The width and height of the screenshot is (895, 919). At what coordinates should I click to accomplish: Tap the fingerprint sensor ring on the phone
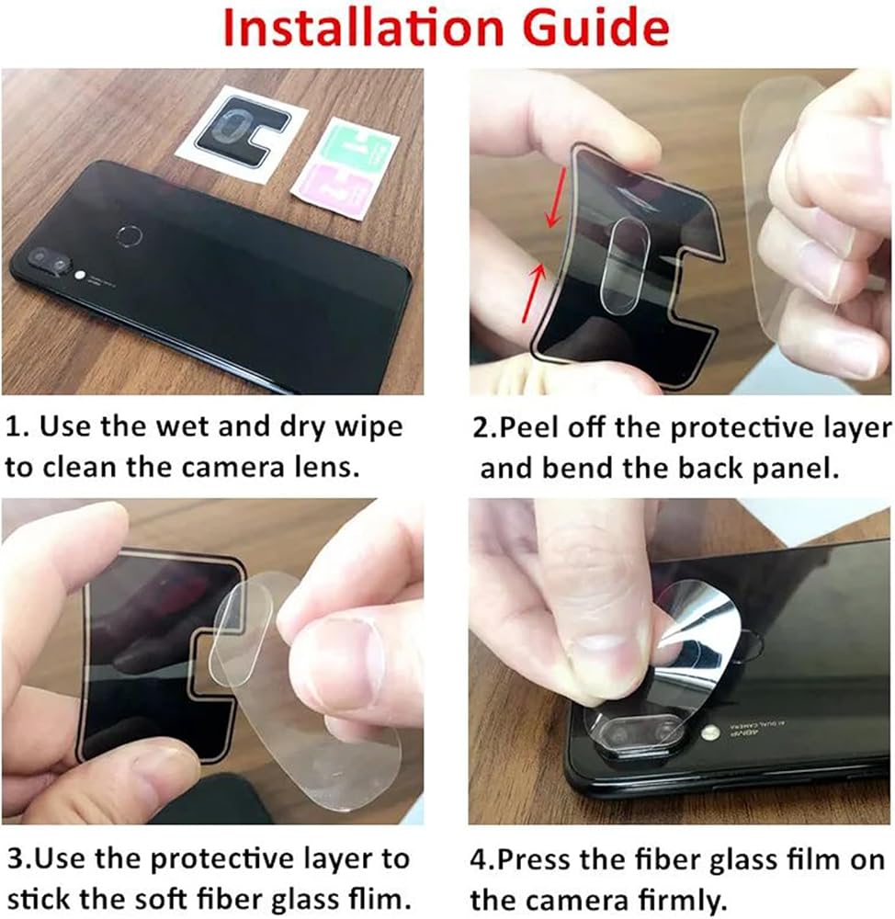(x=130, y=236)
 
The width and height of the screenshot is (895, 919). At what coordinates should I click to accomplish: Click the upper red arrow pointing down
(x=557, y=197)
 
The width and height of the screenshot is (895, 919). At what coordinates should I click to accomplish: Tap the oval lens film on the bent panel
(x=621, y=264)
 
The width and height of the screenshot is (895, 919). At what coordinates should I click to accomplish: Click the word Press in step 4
(x=532, y=860)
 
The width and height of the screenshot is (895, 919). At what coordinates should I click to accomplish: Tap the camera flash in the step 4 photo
(x=710, y=732)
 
